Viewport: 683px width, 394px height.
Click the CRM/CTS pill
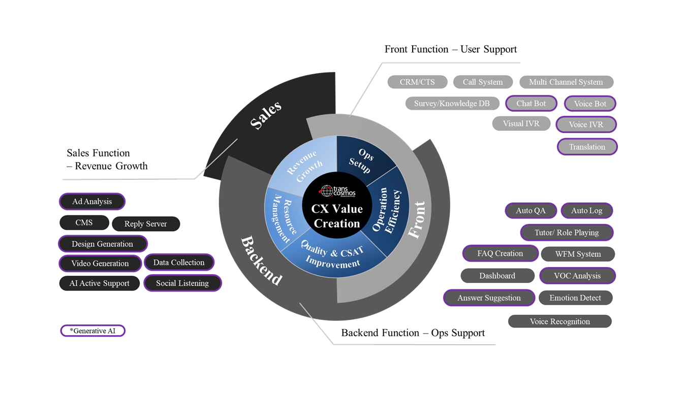tap(417, 82)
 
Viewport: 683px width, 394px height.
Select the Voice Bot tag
tap(589, 104)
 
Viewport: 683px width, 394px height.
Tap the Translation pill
tap(587, 147)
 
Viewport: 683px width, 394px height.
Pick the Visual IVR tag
tap(521, 123)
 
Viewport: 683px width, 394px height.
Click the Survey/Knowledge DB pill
tap(452, 104)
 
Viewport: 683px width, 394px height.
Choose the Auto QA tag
tap(531, 211)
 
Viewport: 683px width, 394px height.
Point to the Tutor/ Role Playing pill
tap(567, 233)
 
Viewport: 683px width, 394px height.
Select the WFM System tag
tap(578, 254)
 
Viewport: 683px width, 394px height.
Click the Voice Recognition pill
tap(560, 321)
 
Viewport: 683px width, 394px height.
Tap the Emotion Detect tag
tap(575, 298)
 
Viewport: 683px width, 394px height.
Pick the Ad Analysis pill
tap(92, 202)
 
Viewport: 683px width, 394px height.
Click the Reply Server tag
tap(145, 224)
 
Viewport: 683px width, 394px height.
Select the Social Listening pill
tap(182, 283)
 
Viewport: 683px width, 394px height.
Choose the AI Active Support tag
tap(100, 283)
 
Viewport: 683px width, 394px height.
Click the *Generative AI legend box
tap(92, 331)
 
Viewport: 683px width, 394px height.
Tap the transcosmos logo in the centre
tap(337, 191)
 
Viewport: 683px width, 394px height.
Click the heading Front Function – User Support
tap(450, 49)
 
